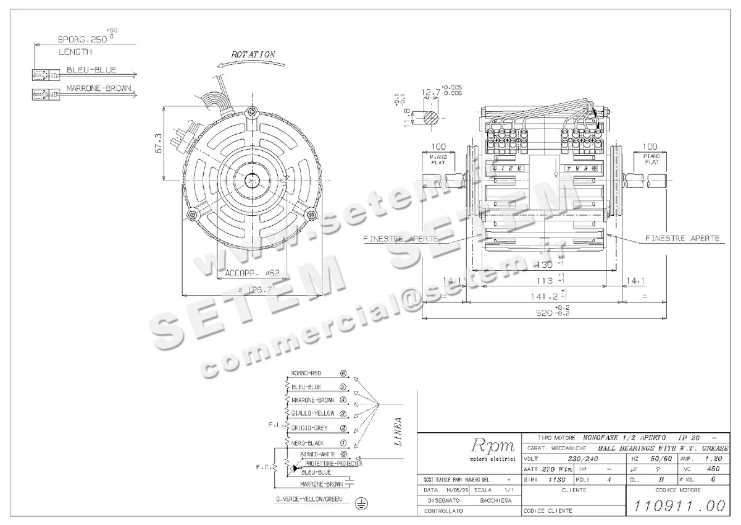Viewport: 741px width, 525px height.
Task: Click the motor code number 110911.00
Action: tap(677, 505)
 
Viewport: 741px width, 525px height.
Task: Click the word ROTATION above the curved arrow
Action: tap(253, 54)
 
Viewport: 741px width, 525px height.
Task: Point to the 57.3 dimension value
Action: tap(158, 143)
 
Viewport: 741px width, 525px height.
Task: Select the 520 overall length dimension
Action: tap(543, 313)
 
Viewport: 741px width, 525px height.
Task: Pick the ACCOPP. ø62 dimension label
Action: tap(253, 273)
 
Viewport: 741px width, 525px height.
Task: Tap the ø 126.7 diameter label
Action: tap(254, 289)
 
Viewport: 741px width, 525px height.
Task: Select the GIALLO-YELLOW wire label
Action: tap(312, 413)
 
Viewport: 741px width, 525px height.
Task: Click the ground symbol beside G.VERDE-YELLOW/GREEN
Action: tap(362, 505)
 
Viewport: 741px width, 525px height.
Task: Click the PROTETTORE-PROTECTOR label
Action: tap(333, 463)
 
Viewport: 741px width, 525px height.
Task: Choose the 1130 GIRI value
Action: tap(557, 479)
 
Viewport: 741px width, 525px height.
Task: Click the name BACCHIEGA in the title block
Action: tap(495, 500)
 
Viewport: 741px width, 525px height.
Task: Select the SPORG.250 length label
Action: tap(83, 37)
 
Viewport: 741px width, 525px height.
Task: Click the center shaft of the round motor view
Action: tap(253, 181)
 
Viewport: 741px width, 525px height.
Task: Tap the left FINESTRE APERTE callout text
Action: tap(401, 238)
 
